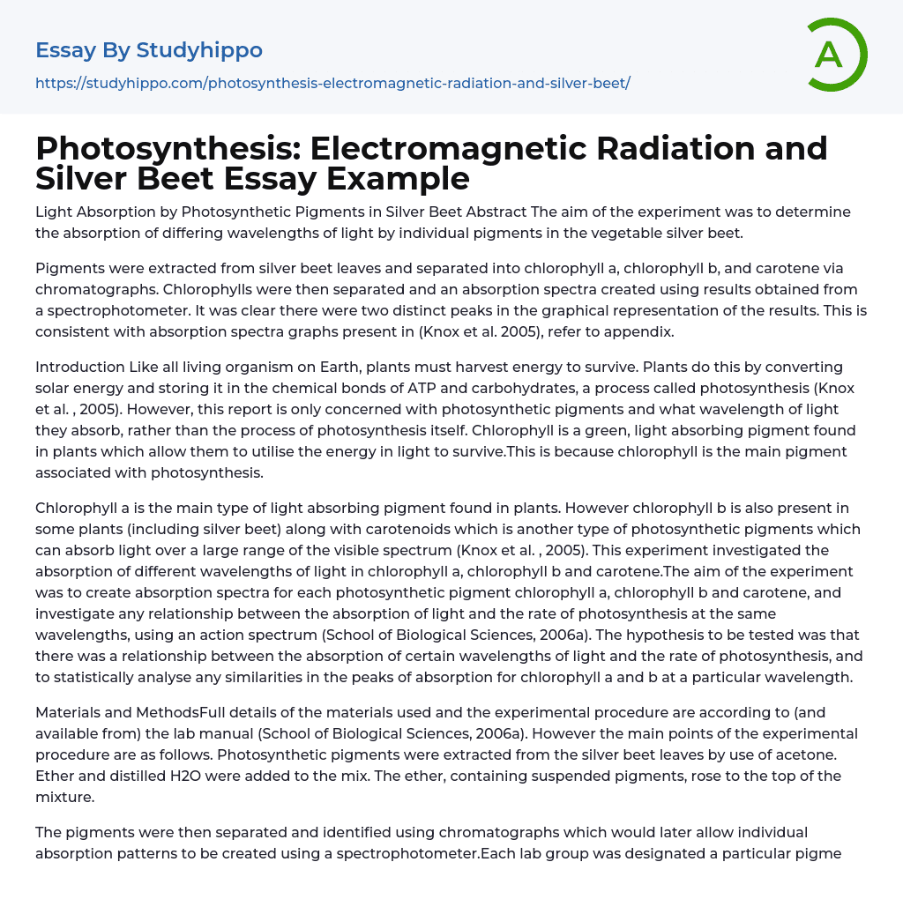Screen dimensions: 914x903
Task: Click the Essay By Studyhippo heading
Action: click(x=149, y=50)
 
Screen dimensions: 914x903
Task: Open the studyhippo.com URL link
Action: click(x=332, y=83)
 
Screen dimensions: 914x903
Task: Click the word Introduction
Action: click(x=80, y=367)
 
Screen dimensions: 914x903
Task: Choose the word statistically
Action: click(x=97, y=677)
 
